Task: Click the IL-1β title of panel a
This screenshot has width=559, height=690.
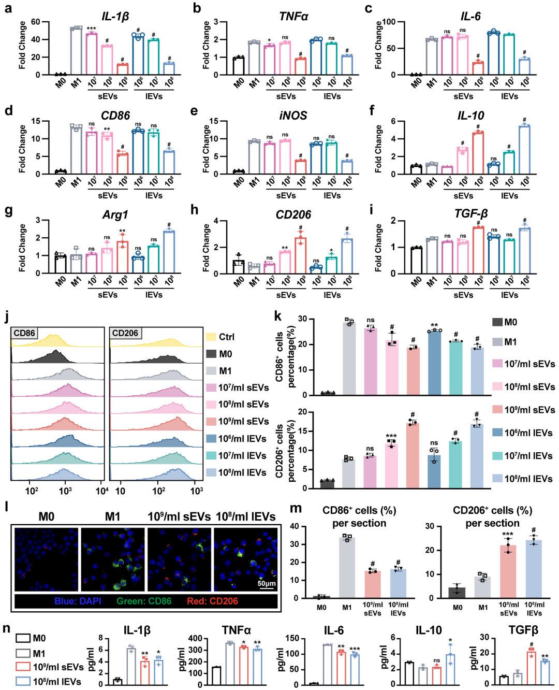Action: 115,16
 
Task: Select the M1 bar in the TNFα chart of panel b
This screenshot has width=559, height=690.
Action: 254,58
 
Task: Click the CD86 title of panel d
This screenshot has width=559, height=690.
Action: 115,116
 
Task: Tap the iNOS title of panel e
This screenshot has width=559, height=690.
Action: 293,116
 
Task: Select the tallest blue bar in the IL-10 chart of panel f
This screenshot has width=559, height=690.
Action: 524,150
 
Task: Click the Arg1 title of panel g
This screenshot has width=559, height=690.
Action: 115,214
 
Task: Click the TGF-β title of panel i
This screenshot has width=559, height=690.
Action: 470,214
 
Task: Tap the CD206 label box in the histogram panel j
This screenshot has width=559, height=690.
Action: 125,333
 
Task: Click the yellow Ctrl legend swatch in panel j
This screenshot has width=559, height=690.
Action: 211,337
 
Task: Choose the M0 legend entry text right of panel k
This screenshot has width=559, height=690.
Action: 510,322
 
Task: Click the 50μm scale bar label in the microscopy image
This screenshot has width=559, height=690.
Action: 267,583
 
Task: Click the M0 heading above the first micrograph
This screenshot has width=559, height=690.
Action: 46,516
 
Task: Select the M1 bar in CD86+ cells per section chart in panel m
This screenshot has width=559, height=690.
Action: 347,568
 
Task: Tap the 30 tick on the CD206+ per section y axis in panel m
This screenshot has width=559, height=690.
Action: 430,526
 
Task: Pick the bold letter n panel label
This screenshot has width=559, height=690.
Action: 7,628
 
